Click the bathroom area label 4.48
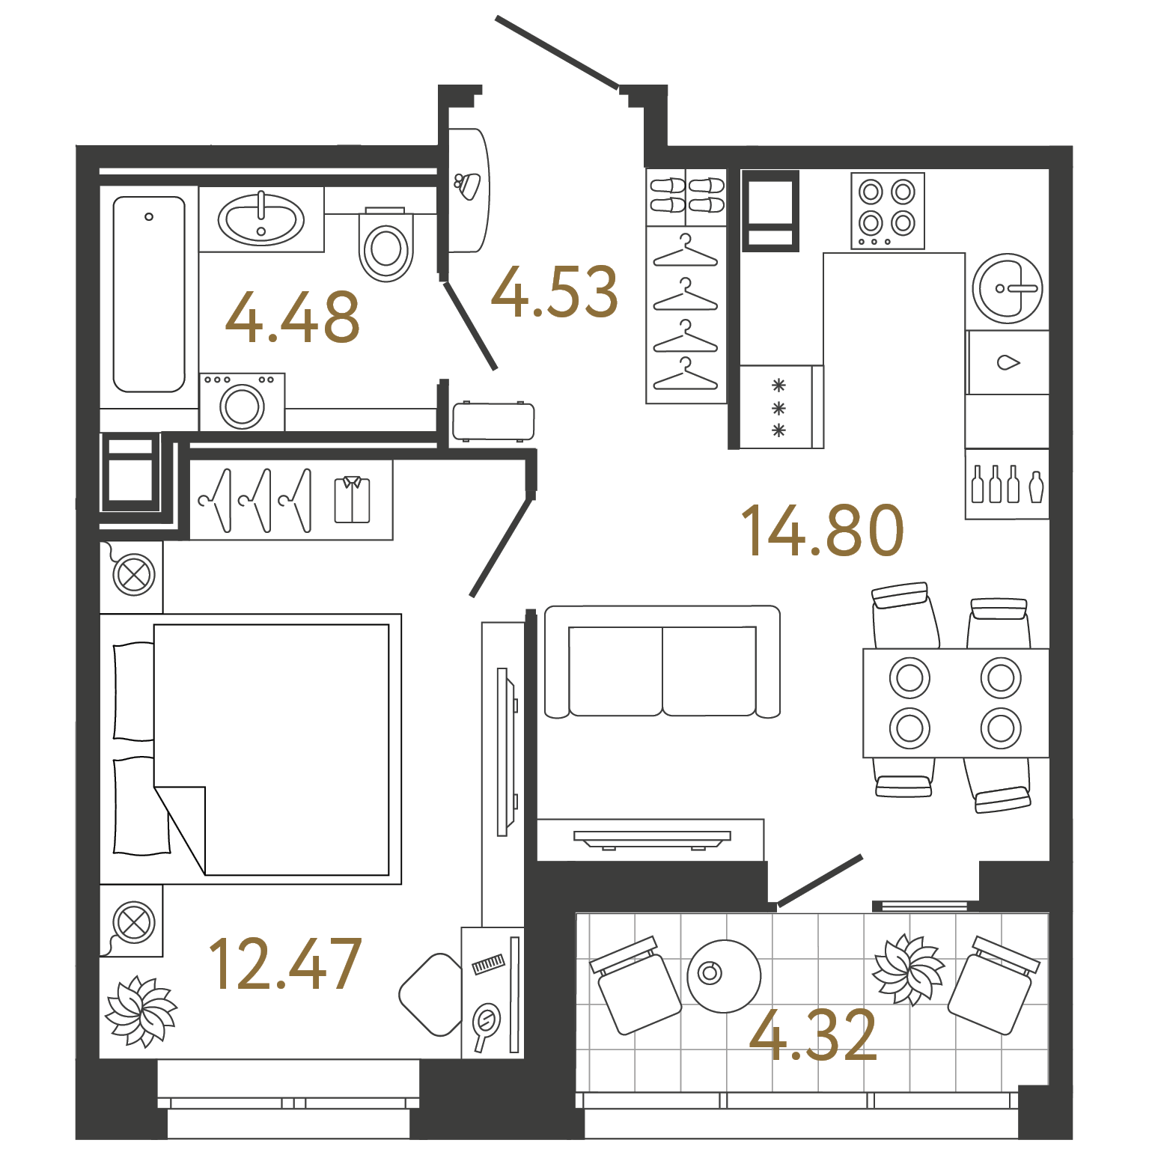[x=293, y=317]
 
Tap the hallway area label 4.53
[x=555, y=292]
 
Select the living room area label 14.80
[x=823, y=531]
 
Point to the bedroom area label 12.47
[x=285, y=964]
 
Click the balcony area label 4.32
[x=813, y=1035]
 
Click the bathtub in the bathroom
[x=149, y=294]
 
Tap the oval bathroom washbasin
[x=261, y=219]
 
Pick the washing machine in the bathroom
[x=242, y=403]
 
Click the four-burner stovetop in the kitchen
[x=887, y=210]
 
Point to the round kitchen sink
[x=1008, y=288]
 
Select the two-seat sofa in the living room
[x=662, y=662]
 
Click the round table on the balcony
[x=724, y=976]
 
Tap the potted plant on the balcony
[x=907, y=969]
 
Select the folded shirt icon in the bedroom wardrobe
[x=352, y=499]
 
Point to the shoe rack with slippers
[x=686, y=195]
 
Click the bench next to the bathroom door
[x=493, y=421]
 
